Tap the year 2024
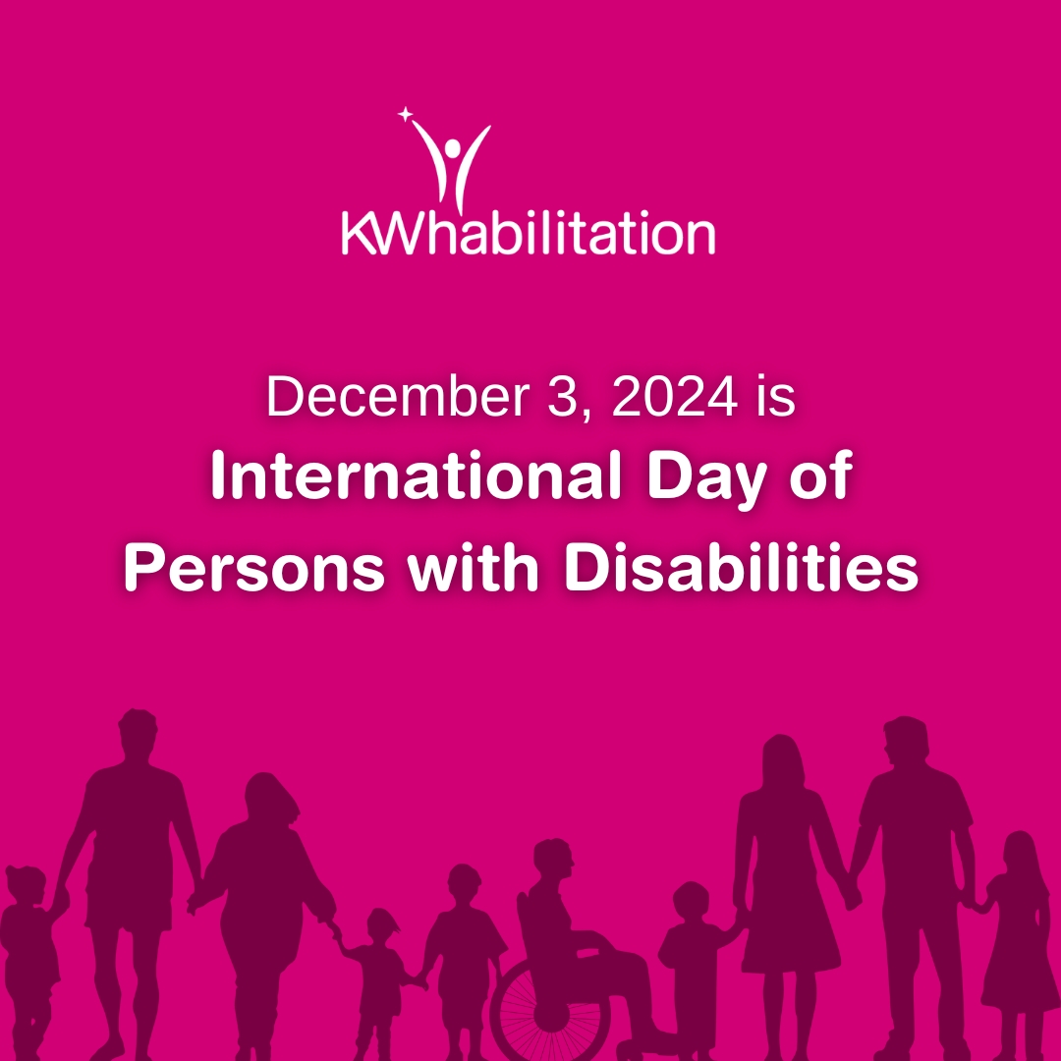(x=671, y=396)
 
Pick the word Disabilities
(x=743, y=571)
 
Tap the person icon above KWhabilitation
(x=451, y=162)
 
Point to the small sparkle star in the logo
(x=404, y=116)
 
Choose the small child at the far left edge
(x=27, y=943)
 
